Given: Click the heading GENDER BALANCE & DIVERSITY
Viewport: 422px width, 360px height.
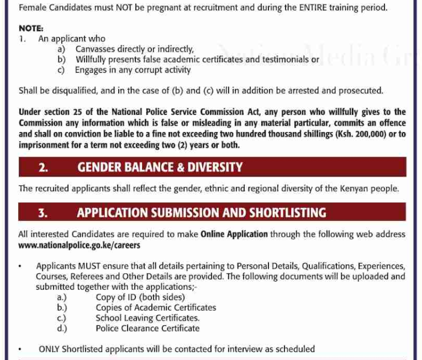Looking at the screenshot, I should (x=160, y=167).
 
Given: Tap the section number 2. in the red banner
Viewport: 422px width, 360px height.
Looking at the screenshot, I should (x=43, y=167).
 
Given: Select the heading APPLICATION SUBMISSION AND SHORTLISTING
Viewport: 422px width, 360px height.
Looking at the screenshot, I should (x=202, y=213).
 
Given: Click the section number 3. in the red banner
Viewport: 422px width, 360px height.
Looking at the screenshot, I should (x=43, y=213).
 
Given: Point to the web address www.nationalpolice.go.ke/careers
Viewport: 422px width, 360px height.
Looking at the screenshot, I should (x=79, y=245).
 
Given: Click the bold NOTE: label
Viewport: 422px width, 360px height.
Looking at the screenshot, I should (x=30, y=28).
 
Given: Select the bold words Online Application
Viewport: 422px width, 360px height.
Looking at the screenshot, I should (x=234, y=234).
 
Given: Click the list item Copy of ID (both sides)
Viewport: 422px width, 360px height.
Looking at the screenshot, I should (x=140, y=297).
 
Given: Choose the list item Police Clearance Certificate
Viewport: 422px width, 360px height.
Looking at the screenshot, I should (x=147, y=328).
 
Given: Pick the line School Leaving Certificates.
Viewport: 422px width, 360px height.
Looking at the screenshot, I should (x=147, y=318).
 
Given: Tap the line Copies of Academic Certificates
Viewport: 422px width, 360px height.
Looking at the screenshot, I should (x=156, y=308).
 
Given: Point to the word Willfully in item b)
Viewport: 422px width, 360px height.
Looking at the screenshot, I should (x=93, y=60).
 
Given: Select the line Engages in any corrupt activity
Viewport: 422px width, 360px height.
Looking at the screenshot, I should (x=133, y=70).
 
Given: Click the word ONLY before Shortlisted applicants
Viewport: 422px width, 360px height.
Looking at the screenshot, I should (x=49, y=349).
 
